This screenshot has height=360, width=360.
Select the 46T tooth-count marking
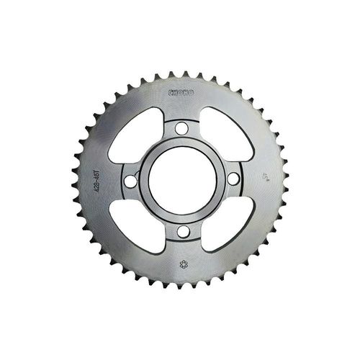click(x=96, y=173)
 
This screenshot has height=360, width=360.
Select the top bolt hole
click(x=180, y=130)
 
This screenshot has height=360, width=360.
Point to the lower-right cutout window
click(x=226, y=227)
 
